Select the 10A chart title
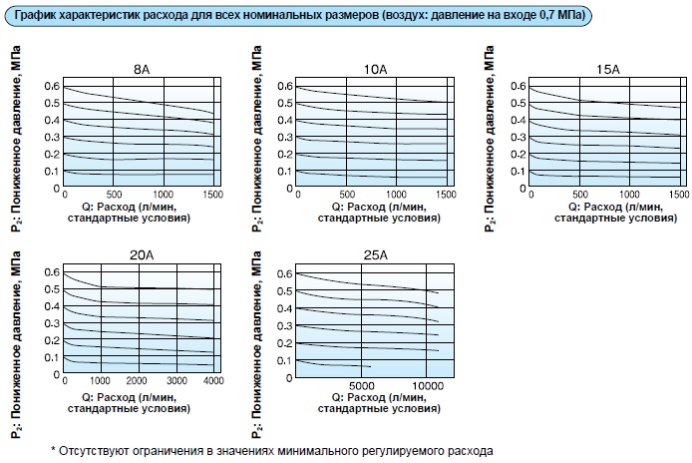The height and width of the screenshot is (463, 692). pos(375,69)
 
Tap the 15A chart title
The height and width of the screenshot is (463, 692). pos(606,69)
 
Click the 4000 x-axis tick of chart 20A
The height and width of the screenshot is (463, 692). pos(212,381)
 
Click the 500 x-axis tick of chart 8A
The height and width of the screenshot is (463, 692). pos(114,194)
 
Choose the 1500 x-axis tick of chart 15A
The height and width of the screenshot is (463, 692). pos(679,194)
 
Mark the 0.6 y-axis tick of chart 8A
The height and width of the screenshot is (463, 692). pos(54,87)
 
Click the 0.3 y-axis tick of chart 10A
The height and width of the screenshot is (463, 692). pos(286,137)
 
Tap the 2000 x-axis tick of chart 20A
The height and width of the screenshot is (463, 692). pos(139,381)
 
